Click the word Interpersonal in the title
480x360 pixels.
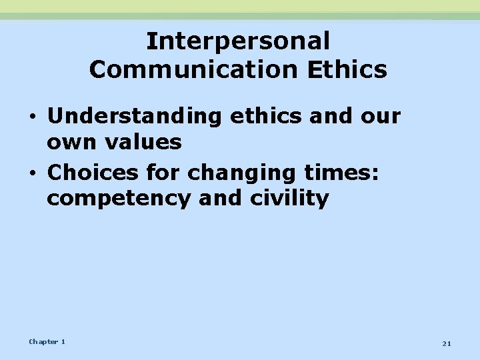[238, 41]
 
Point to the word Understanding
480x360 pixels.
[134, 117]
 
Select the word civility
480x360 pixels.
[292, 199]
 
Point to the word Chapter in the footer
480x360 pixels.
[43, 342]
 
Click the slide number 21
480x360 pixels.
[447, 343]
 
